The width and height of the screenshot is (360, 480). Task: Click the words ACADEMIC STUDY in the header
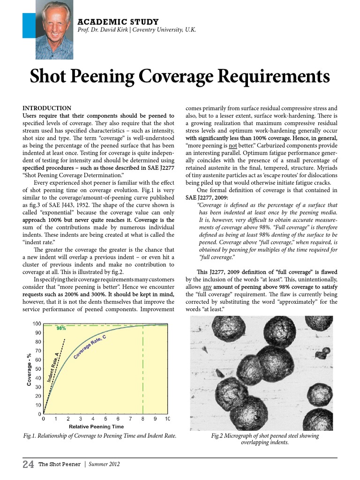[x=118, y=22]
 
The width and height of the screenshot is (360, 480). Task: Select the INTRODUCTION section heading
[x=47, y=108]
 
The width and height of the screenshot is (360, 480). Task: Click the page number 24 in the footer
[x=28, y=465]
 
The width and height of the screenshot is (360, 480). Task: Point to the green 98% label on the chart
[x=61, y=329]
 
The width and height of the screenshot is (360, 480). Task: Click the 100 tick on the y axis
[x=36, y=324]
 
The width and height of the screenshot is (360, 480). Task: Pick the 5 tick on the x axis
[x=105, y=419]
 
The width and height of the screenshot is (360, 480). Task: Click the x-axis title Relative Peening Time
[x=96, y=427]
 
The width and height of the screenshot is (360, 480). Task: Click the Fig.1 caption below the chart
[x=100, y=436]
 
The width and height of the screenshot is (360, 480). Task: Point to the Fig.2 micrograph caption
[x=265, y=439]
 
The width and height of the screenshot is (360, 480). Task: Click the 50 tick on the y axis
[x=37, y=369]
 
